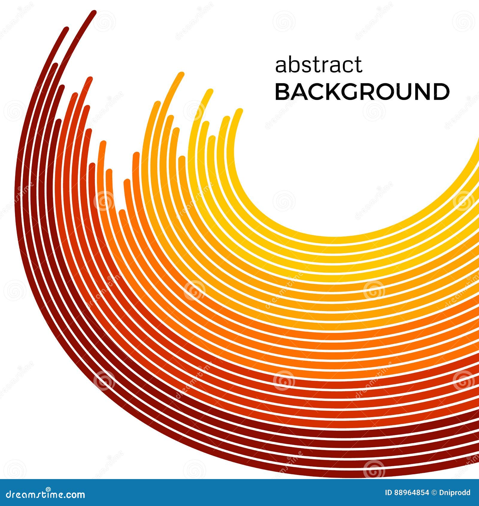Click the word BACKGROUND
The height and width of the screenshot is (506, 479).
point(362,92)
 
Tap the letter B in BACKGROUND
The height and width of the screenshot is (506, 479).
point(282,92)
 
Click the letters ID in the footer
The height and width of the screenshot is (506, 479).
point(388,493)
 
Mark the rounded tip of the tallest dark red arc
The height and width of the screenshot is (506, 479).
point(94,13)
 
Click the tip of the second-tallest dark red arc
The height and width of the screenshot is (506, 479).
point(66,29)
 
